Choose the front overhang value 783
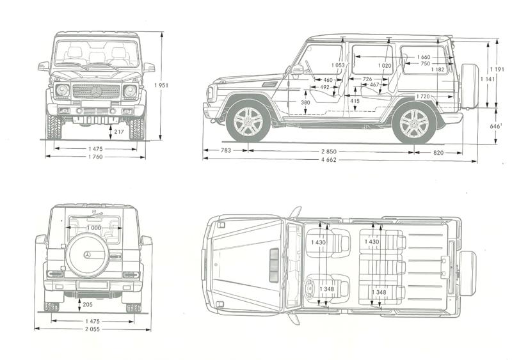[225, 152]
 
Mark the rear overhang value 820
[437, 153]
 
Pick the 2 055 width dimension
[92, 330]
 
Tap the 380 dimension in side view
[305, 102]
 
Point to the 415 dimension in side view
[355, 101]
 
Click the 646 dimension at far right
[494, 127]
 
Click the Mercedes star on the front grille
[96, 91]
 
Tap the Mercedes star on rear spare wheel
[86, 255]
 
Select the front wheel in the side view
[248, 120]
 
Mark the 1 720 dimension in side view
[422, 97]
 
